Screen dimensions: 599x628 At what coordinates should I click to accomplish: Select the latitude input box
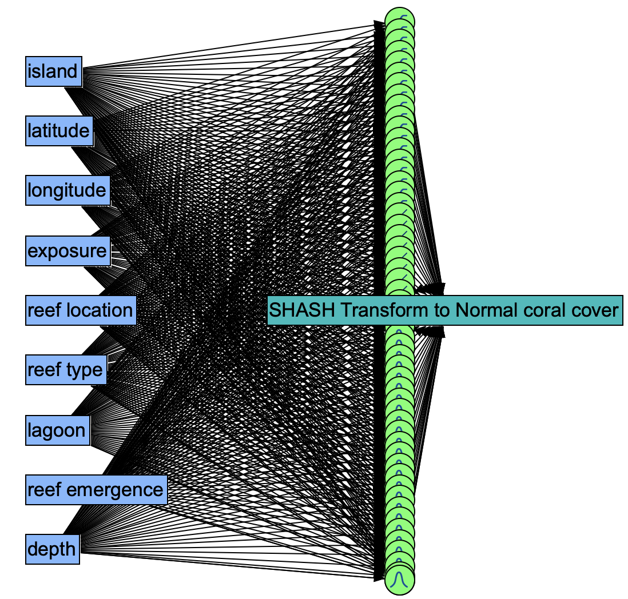pos(59,131)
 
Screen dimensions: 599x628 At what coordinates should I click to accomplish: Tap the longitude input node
pos(67,190)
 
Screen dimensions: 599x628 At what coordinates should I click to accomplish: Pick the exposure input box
pos(67,251)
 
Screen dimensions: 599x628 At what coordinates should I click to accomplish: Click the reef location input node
pos(80,310)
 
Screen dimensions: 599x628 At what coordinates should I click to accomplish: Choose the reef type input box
pos(65,370)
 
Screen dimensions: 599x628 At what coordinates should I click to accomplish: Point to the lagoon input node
pos(57,430)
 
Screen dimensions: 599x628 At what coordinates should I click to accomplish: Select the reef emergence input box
pos(96,490)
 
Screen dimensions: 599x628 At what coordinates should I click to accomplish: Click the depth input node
pos(51,549)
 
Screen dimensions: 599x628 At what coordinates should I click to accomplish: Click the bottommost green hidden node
pos(400,581)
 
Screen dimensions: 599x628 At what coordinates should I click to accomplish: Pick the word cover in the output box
pos(594,310)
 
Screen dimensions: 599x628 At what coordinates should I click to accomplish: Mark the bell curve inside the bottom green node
pos(400,581)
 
